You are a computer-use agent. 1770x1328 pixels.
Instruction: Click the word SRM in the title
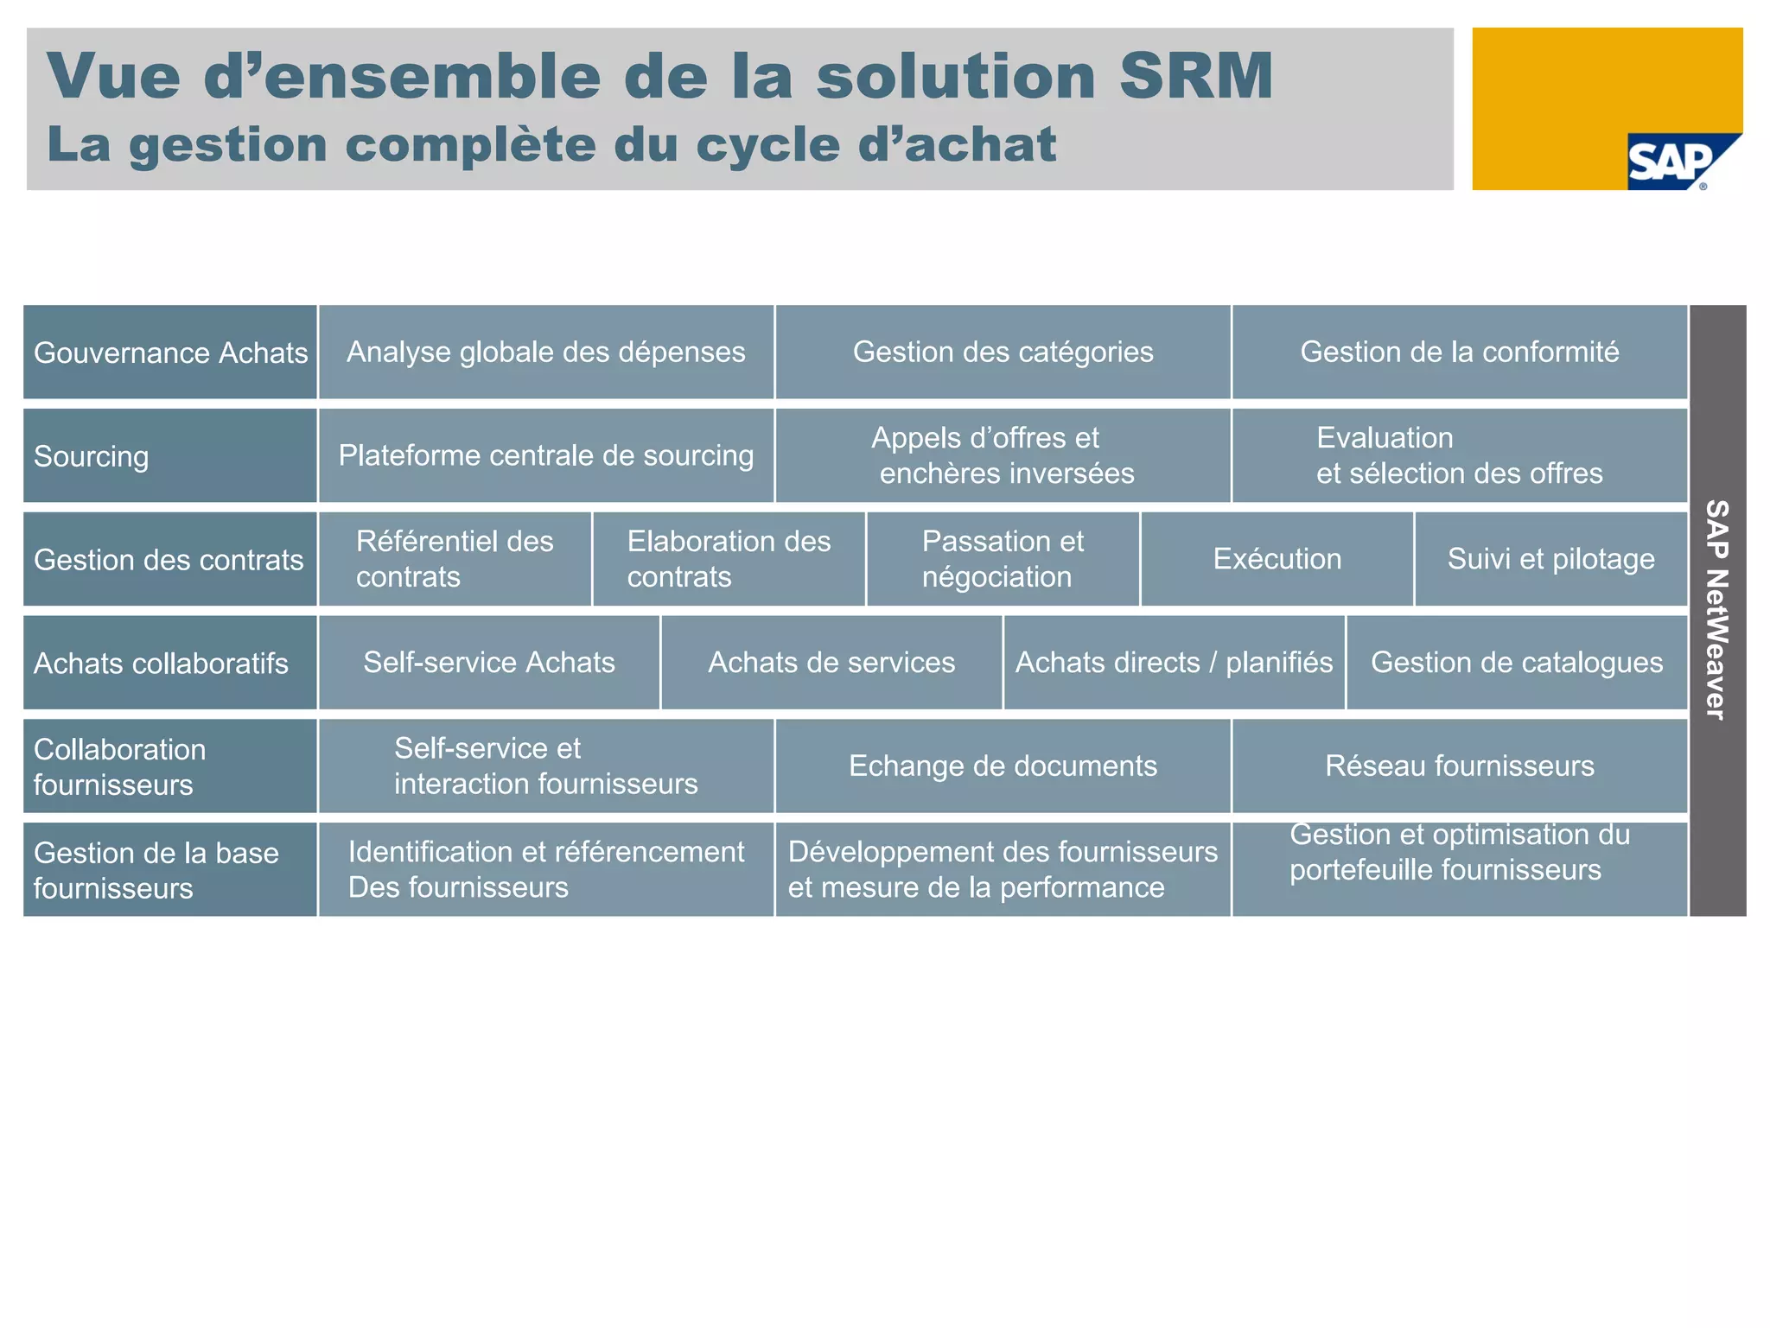(x=1195, y=76)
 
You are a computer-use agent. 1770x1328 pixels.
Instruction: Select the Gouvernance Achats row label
(x=170, y=353)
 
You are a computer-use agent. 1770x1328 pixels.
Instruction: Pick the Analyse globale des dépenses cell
(x=545, y=353)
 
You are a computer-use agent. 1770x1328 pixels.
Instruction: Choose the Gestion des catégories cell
(x=1003, y=353)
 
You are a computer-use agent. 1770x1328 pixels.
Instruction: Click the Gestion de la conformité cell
(x=1459, y=353)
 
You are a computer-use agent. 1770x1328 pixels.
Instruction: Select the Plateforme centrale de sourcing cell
(x=545, y=455)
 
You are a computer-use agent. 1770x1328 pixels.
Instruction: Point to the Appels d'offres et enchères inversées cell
(x=1003, y=455)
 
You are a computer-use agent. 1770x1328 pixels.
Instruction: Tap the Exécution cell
(x=1277, y=559)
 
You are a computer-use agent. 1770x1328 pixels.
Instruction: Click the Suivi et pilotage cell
(x=1550, y=559)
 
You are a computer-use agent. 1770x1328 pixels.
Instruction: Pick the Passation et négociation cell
(x=1003, y=559)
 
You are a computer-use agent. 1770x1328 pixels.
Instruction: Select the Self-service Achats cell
(x=488, y=663)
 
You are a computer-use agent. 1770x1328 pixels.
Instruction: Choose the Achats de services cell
(x=831, y=663)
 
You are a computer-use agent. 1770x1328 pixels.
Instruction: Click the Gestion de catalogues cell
(x=1516, y=663)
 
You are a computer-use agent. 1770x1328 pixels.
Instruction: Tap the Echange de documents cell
(x=1003, y=766)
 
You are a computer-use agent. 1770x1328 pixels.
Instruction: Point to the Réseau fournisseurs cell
(x=1459, y=766)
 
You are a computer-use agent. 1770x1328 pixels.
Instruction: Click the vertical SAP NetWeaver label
(x=1716, y=610)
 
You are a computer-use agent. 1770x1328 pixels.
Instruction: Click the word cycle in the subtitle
(x=767, y=144)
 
